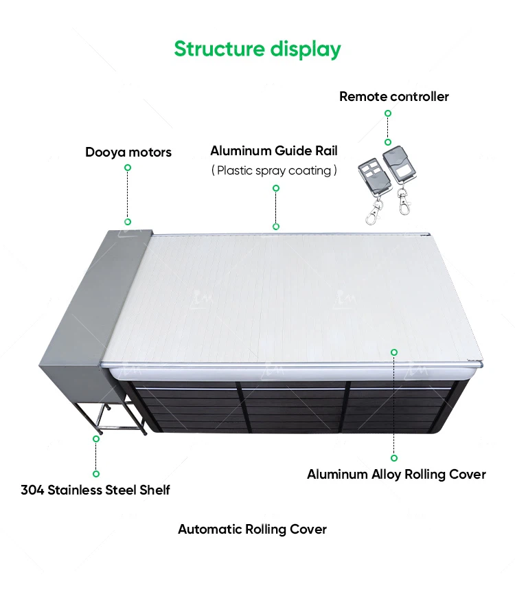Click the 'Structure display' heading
(257, 49)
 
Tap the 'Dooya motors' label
(128, 152)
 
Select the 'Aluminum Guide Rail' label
(274, 150)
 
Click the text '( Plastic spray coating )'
(274, 170)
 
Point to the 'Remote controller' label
(393, 96)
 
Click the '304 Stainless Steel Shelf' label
(95, 490)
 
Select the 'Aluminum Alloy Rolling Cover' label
(396, 474)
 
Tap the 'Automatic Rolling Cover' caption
(252, 529)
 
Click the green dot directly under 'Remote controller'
(388, 142)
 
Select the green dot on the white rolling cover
(394, 352)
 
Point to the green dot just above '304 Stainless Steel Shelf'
(96, 473)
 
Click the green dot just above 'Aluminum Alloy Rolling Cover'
(394, 457)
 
